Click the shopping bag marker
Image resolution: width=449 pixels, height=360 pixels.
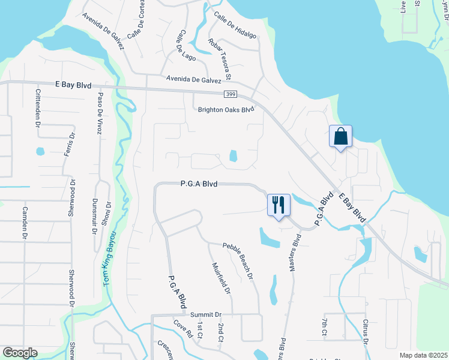pos(340,136)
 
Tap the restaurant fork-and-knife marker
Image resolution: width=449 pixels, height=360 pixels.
pos(279,205)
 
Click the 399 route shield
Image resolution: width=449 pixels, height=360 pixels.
pos(231,94)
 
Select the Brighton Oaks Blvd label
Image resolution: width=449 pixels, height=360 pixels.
pos(227,110)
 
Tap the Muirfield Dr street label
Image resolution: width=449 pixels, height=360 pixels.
pos(221,279)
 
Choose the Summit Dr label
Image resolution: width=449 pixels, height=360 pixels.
pos(206,314)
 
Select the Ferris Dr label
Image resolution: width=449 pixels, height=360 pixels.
pos(69,144)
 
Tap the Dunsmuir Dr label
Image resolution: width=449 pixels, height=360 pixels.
pos(94,216)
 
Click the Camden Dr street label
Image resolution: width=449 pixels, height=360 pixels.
pos(25,221)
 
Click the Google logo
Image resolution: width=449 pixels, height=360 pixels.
pos(20,353)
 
